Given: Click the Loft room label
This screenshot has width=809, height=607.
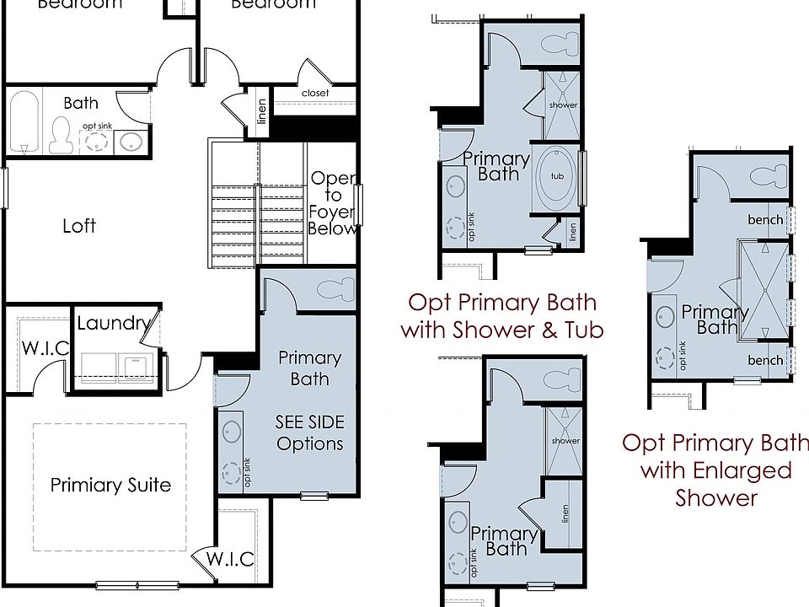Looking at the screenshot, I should coord(79,226).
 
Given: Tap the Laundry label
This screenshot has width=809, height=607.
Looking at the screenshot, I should coord(113,323).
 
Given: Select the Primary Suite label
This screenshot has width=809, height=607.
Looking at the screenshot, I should coord(110,485).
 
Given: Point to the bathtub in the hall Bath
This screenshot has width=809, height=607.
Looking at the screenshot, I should coord(24,122).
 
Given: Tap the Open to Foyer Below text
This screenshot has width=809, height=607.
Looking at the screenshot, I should coord(332,203).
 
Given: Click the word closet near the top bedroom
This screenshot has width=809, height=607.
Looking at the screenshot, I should coord(315,93).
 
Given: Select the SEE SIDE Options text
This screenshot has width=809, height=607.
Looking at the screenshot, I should coord(309,432).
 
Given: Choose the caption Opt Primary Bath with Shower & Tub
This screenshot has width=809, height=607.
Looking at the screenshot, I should coord(502,316).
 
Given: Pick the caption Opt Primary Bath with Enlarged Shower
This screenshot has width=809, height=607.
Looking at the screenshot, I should coord(715,470).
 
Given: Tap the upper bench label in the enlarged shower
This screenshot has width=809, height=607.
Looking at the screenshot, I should coord(765,220).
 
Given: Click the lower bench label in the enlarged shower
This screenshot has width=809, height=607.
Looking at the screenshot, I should coord(765,360).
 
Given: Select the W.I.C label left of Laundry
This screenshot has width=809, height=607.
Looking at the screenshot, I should coord(46,347).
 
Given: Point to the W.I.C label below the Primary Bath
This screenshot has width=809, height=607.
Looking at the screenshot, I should coord(230,560).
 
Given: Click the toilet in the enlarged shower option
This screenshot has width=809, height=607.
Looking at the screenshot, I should coord(767,178).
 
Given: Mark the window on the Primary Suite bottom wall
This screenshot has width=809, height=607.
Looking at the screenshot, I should coord(137,584).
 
